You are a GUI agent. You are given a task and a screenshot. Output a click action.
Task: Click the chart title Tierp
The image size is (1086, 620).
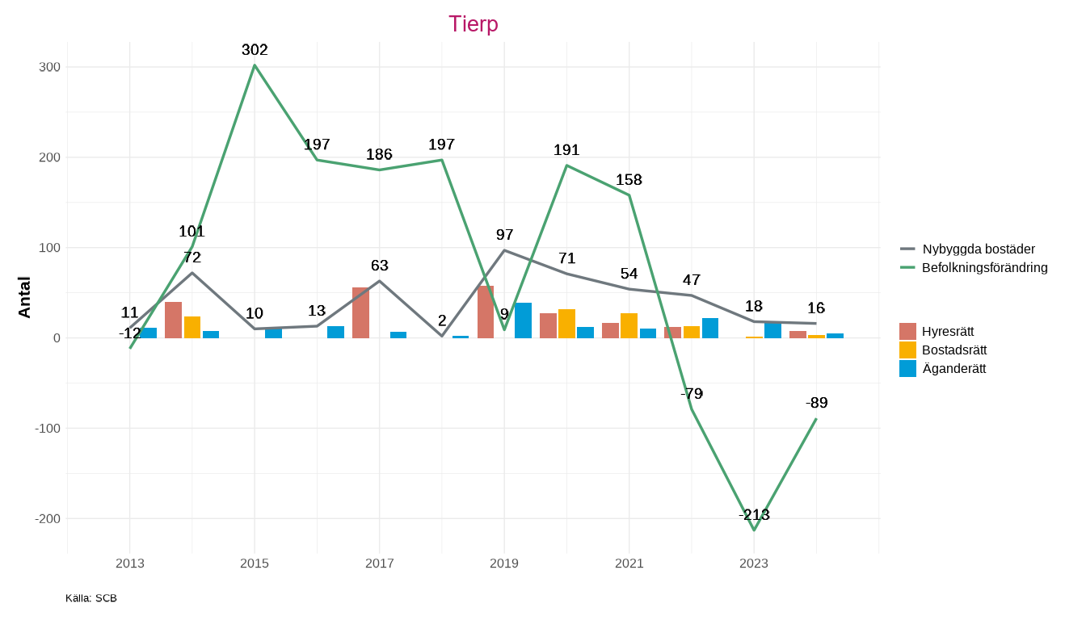(473, 24)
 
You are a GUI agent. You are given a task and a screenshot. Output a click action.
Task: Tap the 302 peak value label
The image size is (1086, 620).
(255, 50)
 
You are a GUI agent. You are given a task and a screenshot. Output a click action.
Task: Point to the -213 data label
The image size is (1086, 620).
(754, 515)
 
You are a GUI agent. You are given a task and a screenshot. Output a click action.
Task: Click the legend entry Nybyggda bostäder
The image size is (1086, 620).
(978, 249)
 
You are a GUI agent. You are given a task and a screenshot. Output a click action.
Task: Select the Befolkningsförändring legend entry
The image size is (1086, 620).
(984, 267)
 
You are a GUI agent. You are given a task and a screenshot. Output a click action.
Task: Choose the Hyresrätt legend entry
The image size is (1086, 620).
(947, 331)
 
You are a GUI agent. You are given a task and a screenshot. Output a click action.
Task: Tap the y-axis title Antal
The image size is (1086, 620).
(24, 297)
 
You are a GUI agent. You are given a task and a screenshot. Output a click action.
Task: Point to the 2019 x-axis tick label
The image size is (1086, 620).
(504, 563)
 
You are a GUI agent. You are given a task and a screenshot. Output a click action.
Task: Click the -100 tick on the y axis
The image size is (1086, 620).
(48, 429)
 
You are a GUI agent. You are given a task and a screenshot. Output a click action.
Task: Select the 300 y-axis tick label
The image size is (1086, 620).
(49, 67)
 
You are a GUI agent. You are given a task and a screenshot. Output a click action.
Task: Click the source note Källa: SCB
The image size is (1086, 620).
(91, 598)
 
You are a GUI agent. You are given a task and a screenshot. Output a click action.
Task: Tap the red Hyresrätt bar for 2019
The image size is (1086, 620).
(486, 312)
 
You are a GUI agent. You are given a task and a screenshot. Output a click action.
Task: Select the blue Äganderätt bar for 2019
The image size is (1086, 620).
(523, 320)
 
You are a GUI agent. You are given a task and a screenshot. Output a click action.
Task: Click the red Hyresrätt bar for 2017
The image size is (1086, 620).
(360, 313)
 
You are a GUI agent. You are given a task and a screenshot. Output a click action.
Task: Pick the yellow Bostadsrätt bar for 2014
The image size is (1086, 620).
(192, 327)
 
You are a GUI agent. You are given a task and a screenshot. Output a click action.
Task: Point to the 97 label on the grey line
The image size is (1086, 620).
(504, 235)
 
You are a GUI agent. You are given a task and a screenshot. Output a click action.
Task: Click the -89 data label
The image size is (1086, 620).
(816, 403)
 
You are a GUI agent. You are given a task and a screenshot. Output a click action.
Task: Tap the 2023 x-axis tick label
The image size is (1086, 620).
(754, 563)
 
